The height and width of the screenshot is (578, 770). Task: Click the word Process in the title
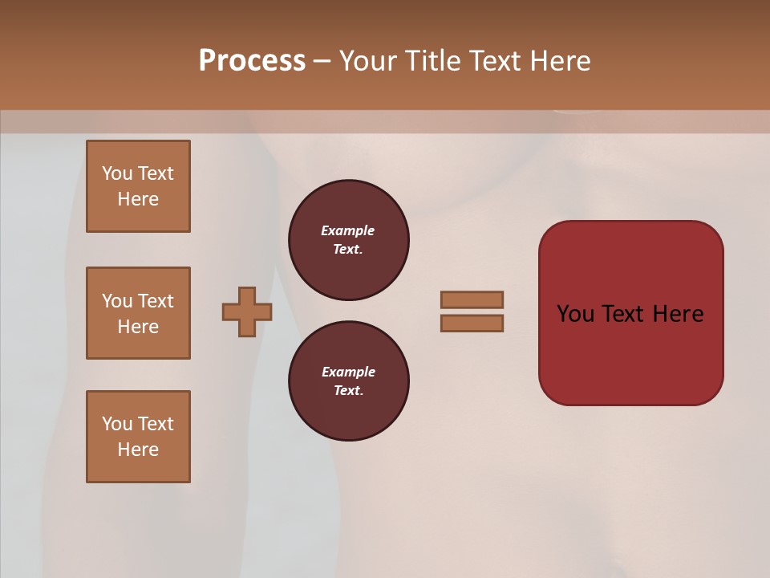[252, 61]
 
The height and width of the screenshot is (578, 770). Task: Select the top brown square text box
[138, 186]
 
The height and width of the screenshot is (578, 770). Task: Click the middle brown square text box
[138, 313]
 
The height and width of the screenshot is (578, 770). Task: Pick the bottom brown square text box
[138, 437]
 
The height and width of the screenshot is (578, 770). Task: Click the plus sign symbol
[247, 311]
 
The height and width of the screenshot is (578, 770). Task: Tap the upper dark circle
[348, 239]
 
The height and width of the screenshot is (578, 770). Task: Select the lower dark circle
[348, 381]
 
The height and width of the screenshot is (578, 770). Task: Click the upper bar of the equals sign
[472, 299]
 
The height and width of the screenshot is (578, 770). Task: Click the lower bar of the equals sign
[472, 323]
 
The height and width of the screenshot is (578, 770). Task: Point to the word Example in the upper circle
[347, 230]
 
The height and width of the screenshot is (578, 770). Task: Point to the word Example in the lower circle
[348, 372]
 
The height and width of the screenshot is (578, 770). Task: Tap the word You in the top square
[117, 173]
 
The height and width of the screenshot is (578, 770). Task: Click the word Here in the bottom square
[138, 450]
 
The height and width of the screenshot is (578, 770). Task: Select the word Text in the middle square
[156, 301]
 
